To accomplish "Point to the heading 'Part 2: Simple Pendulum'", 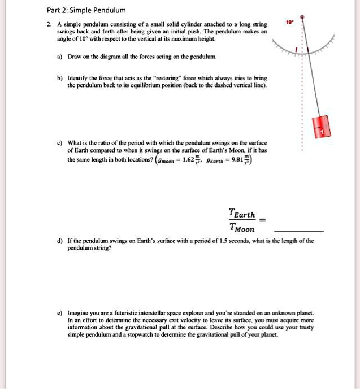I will point(86,10).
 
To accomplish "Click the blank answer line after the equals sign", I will point(298,231).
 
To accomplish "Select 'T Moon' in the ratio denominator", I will point(242,228).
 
